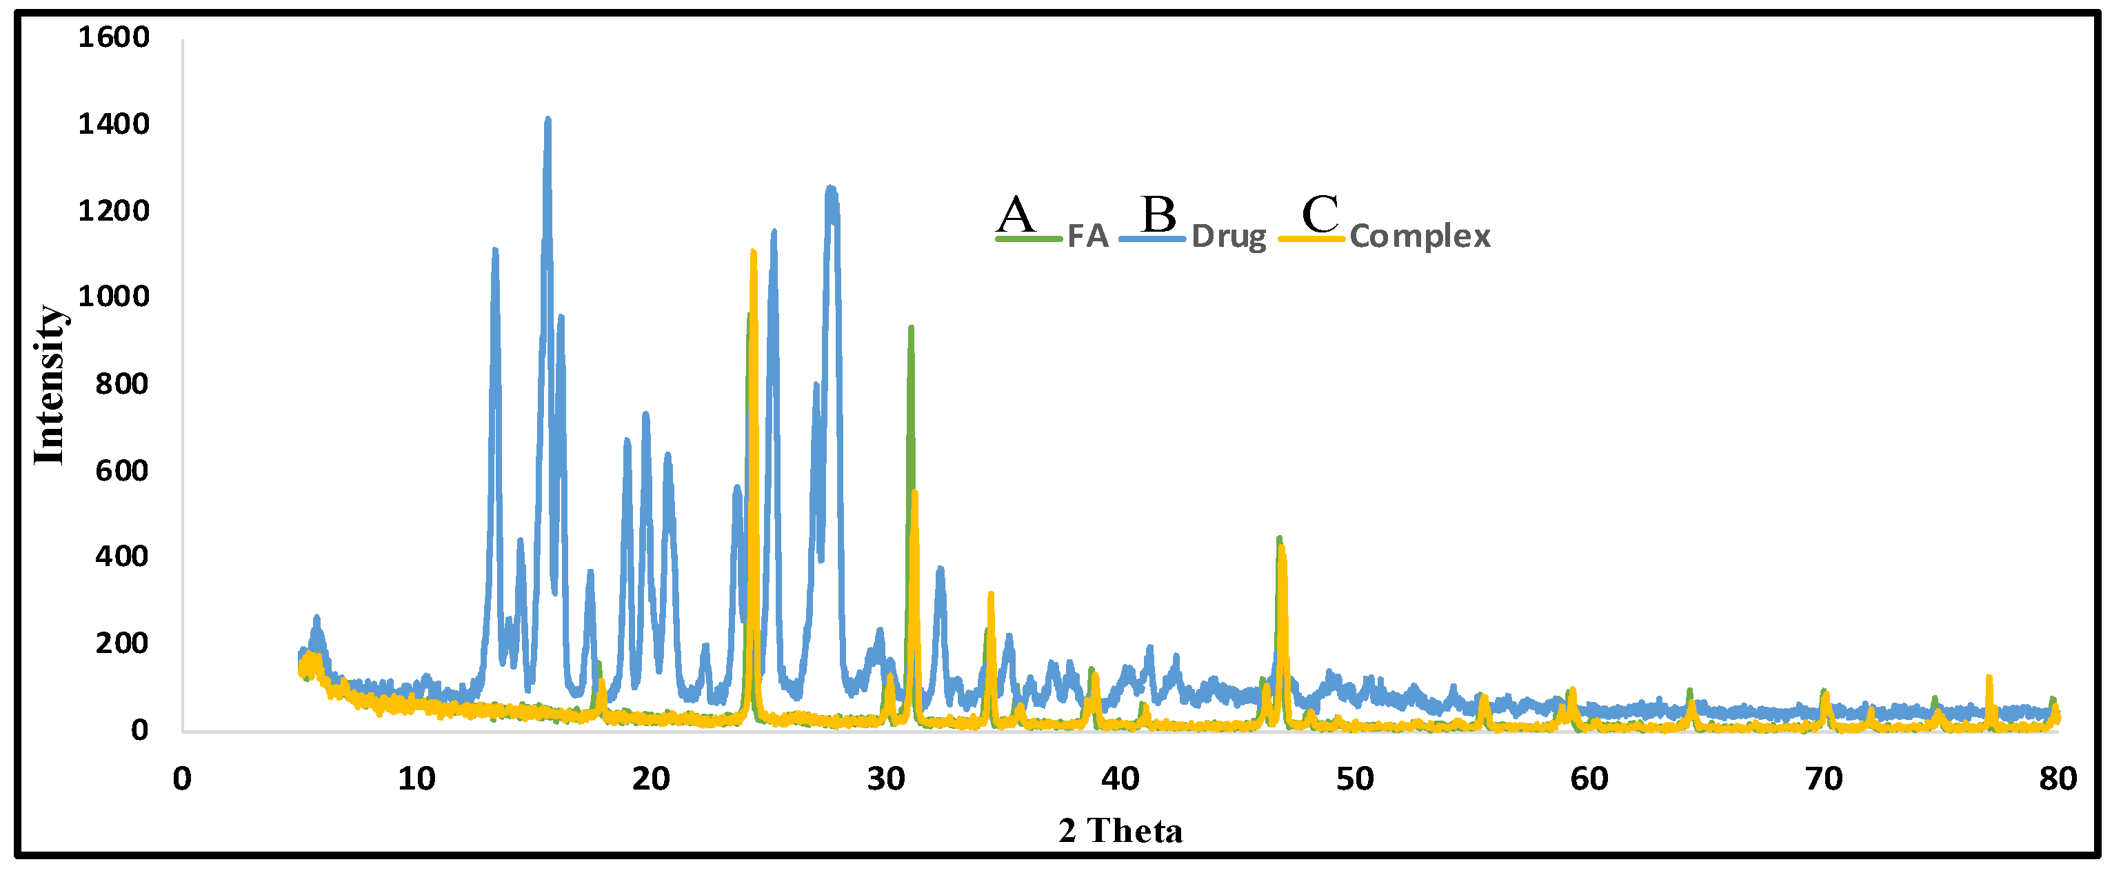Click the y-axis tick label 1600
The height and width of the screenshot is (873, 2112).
[114, 38]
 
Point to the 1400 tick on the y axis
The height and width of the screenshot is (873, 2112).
[114, 125]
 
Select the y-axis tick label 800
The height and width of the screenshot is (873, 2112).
[121, 383]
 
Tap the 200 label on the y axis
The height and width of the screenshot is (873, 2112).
[121, 643]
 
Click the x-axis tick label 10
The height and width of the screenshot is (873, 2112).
[416, 779]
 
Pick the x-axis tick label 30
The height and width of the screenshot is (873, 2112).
[885, 779]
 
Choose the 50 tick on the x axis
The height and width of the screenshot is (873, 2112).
[1354, 779]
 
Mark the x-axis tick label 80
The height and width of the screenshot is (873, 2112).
[2056, 779]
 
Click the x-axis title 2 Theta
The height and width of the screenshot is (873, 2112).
[1120, 831]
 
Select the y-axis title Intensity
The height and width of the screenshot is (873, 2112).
[49, 385]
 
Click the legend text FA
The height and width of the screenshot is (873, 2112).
[1088, 237]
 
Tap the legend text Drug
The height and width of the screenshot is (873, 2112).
[1228, 237]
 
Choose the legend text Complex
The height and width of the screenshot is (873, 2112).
[1420, 237]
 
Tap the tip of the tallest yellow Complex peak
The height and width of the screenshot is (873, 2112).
[754, 252]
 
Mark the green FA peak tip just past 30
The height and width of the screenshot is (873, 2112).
[911, 328]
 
